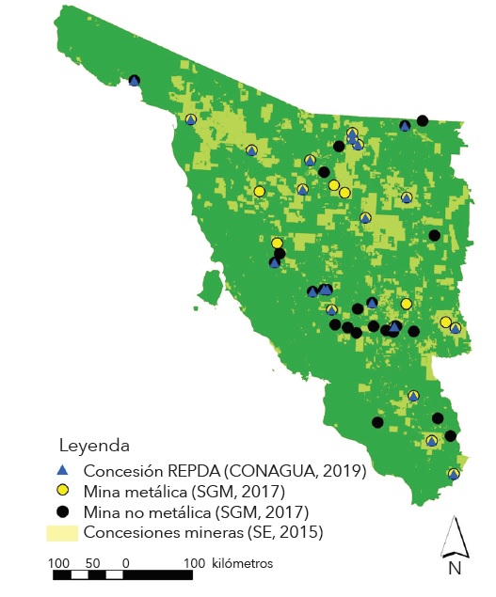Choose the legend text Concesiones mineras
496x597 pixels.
tap(159, 533)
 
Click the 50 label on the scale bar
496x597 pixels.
tap(92, 562)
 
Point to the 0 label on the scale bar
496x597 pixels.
tap(125, 562)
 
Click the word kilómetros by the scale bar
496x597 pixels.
tap(243, 562)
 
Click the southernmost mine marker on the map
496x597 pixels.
tap(454, 474)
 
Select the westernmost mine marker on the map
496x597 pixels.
tap(135, 81)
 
